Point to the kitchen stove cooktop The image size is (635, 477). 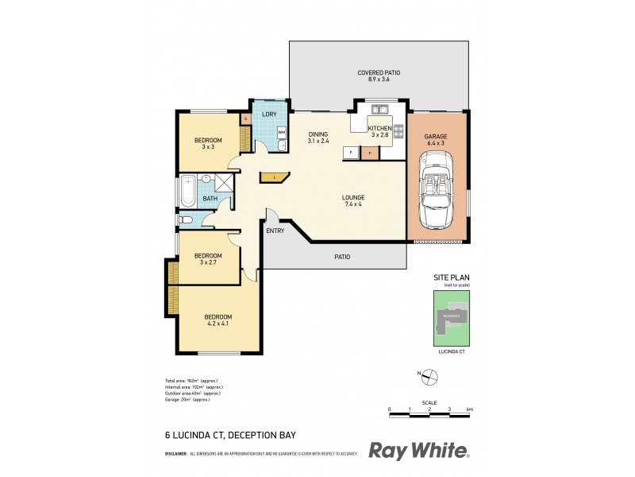click(399, 128)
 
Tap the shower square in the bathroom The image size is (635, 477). click(225, 184)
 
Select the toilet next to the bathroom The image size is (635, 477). click(186, 220)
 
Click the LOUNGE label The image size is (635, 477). click(353, 200)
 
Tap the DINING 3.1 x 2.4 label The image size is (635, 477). click(318, 138)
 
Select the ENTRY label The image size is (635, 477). click(275, 231)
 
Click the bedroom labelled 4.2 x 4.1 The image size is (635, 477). click(217, 320)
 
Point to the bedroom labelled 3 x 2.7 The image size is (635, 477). click(208, 259)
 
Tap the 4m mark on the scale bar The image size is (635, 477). click(470, 410)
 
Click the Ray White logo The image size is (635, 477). click(419, 450)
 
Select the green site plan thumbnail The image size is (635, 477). click(451, 317)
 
